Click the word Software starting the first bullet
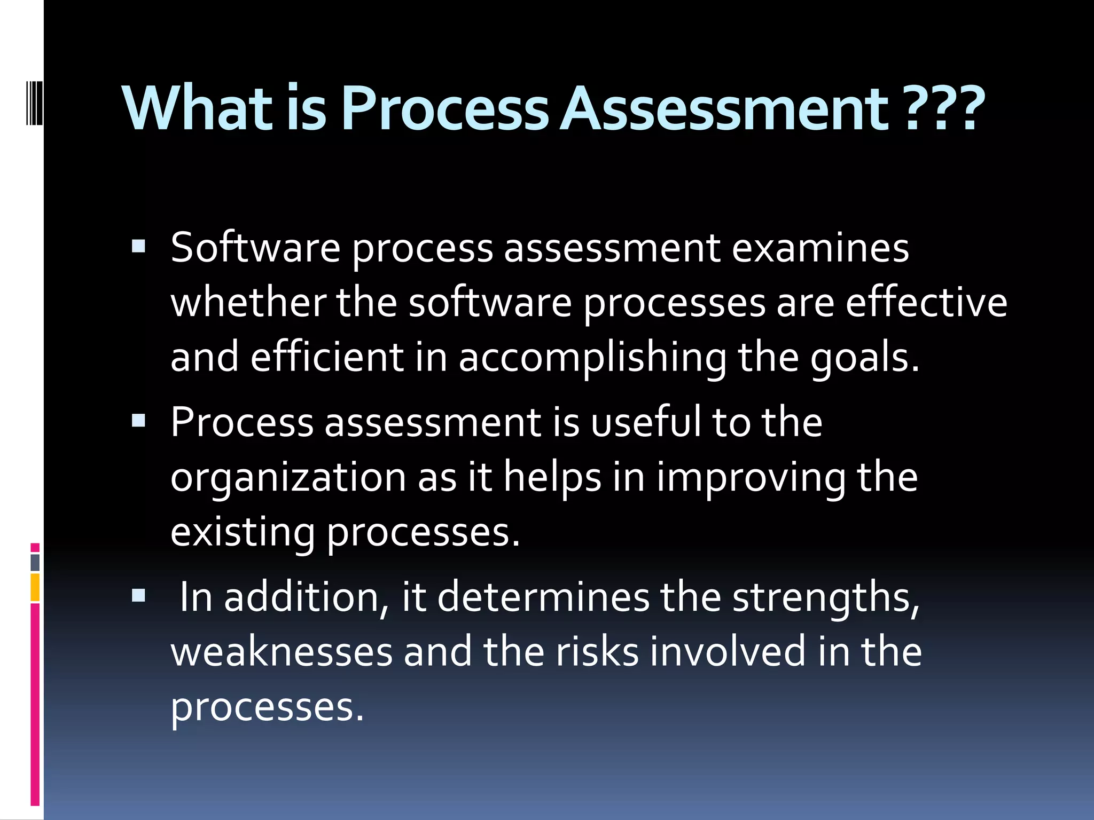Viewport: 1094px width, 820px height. pos(255,248)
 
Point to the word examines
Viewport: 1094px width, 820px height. pos(820,248)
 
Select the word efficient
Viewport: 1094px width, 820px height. pos(327,358)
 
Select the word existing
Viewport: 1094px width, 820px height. pos(243,533)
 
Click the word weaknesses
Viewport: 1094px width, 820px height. pos(282,652)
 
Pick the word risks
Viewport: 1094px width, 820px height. pos(597,652)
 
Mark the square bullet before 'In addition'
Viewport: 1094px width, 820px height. pos(138,596)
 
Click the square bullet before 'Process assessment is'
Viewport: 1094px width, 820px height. pos(138,421)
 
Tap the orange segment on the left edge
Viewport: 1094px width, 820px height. pos(35,587)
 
